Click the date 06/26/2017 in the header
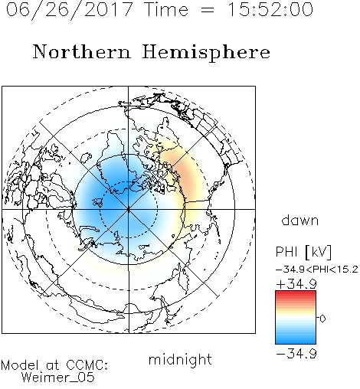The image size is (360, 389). click(69, 10)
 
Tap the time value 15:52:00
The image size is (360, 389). click(270, 10)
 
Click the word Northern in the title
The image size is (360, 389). click(82, 52)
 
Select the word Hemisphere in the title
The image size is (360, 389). click(206, 53)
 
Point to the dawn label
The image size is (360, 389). click(300, 221)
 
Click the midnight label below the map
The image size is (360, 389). click(180, 360)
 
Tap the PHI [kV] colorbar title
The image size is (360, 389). click(303, 252)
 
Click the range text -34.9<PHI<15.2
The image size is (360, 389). click(317, 270)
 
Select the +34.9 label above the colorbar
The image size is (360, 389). click(296, 283)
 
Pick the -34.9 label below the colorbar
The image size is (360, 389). click(296, 354)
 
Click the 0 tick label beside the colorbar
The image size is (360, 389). click(322, 319)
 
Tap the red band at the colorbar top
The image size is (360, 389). click(296, 294)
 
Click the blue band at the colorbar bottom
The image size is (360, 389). click(296, 340)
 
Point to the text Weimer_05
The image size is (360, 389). click(58, 378)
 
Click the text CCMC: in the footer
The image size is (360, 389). click(87, 365)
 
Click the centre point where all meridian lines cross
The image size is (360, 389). click(129, 209)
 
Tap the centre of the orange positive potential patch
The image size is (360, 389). click(185, 176)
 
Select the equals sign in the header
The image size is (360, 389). click(207, 10)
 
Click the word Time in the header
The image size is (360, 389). click(166, 10)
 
